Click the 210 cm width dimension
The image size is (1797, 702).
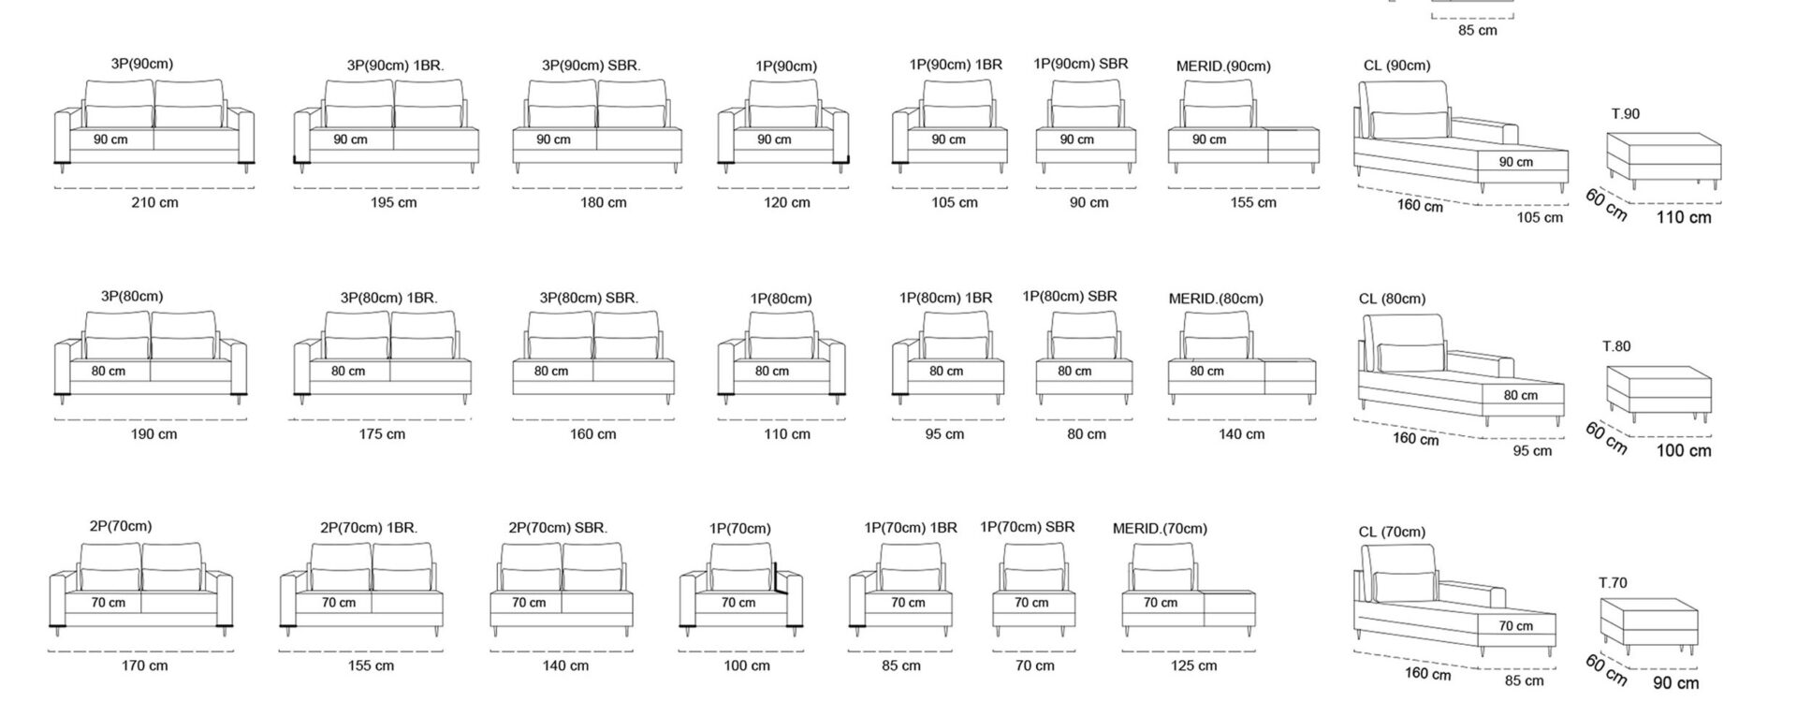pyautogui.click(x=154, y=202)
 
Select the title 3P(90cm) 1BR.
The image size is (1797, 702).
pyautogui.click(x=395, y=66)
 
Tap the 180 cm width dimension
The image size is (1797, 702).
pyautogui.click(x=604, y=202)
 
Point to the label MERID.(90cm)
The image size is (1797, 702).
pyautogui.click(x=1223, y=66)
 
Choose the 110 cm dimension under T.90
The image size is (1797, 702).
pyautogui.click(x=1684, y=217)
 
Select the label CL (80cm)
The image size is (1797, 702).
pyautogui.click(x=1392, y=300)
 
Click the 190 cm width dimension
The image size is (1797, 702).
pyautogui.click(x=153, y=434)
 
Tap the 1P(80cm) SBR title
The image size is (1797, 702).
pyautogui.click(x=1070, y=297)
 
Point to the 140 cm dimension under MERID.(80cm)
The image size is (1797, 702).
pyautogui.click(x=1241, y=434)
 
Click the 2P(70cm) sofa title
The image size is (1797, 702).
pyautogui.click(x=121, y=526)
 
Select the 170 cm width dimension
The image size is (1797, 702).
pyautogui.click(x=145, y=666)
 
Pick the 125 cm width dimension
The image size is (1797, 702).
pyautogui.click(x=1194, y=666)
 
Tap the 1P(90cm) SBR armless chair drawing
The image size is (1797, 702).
pyautogui.click(x=1087, y=126)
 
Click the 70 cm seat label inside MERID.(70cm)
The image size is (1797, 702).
pyautogui.click(x=1161, y=603)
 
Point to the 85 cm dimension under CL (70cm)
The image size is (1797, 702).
pyautogui.click(x=1525, y=680)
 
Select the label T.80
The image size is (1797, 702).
pyautogui.click(x=1616, y=346)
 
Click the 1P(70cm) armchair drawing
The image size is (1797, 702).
pyautogui.click(x=741, y=591)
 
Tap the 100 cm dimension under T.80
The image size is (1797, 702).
pyautogui.click(x=1684, y=451)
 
